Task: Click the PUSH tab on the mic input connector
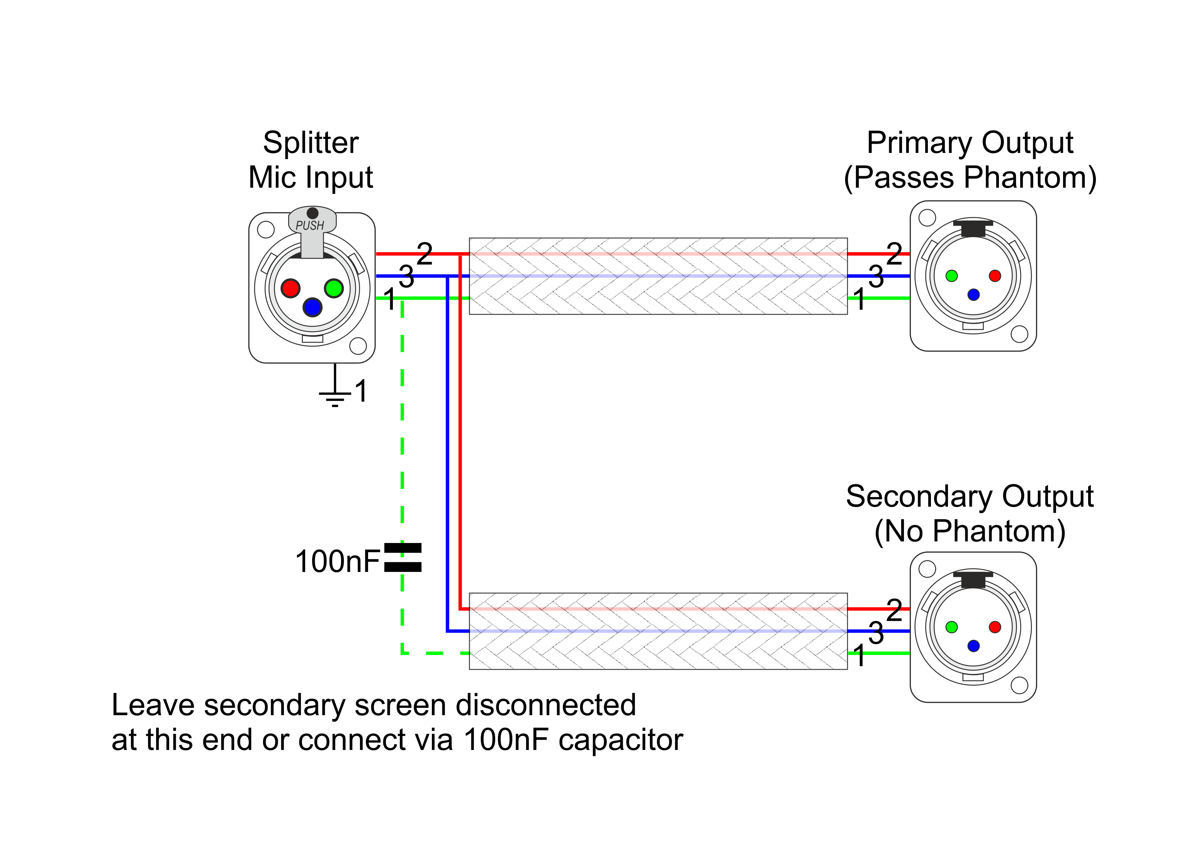coord(312,225)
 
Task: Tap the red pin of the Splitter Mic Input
coord(290,288)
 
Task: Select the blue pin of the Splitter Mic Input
coord(312,307)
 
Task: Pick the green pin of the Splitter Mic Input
coord(333,288)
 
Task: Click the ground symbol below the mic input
coord(335,396)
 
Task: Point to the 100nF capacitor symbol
coord(402,558)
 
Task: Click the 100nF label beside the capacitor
coord(337,562)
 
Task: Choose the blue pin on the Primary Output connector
coord(973,295)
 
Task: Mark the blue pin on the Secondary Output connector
coord(973,646)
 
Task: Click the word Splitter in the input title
coord(311,143)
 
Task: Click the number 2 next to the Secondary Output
coord(894,610)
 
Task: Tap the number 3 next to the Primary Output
coord(876,277)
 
